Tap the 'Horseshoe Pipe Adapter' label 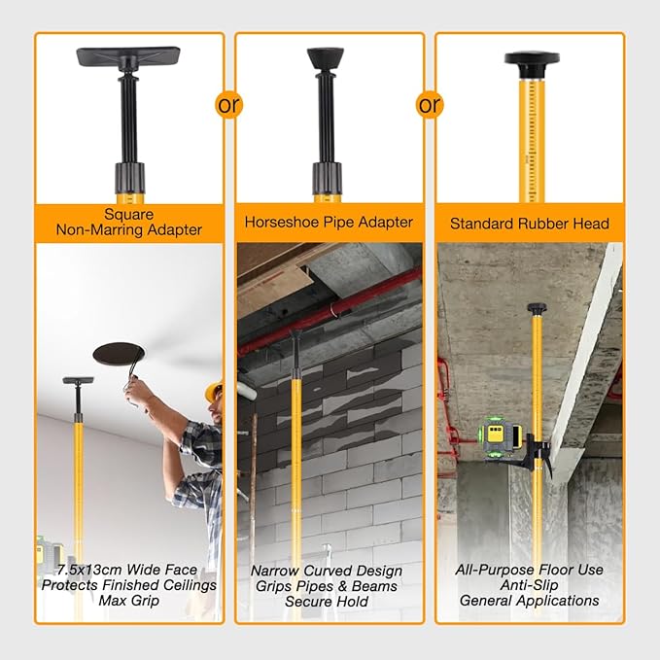[x=330, y=223]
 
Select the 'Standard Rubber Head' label [x=530, y=224]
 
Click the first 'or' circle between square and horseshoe [x=229, y=104]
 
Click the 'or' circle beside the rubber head [x=429, y=104]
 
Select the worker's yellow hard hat [x=214, y=391]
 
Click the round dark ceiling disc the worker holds [x=116, y=354]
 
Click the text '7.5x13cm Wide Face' [x=129, y=569]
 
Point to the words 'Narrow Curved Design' [x=330, y=572]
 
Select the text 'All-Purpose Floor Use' [x=530, y=570]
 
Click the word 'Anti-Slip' [x=530, y=585]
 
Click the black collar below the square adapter [x=129, y=177]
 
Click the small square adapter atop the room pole [x=77, y=380]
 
